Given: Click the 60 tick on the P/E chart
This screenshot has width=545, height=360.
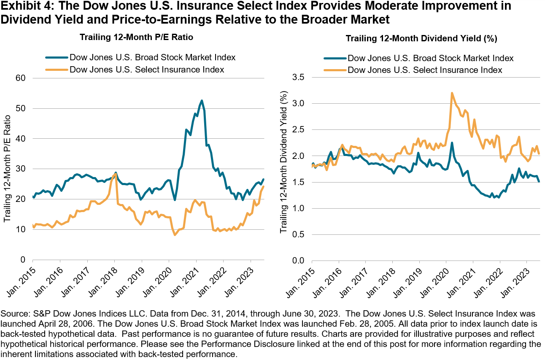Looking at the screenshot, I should tap(22, 78).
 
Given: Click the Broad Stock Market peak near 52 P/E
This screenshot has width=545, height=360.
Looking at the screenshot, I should tap(202, 100).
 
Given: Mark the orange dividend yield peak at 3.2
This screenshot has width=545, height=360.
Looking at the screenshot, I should tap(452, 93).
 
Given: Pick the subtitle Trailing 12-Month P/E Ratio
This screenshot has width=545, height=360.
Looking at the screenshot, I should tap(136, 38).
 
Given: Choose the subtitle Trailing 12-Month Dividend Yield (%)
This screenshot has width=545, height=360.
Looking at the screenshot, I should tap(421, 39).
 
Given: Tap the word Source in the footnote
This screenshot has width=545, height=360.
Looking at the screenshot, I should tap(13, 314).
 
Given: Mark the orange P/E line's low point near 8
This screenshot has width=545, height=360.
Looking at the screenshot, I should tap(175, 235).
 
